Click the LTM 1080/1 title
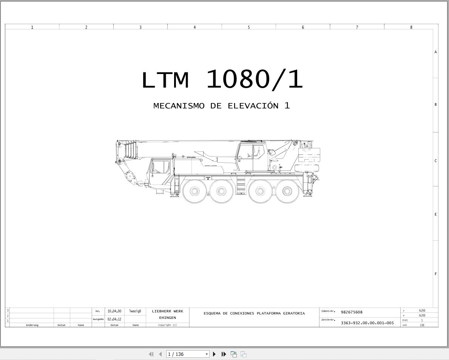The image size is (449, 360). tap(222, 80)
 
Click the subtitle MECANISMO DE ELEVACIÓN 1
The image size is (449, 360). tap(222, 106)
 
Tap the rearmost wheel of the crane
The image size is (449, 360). tap(287, 191)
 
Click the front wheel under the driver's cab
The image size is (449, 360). tap(194, 191)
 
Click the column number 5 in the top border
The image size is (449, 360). tap(248, 27)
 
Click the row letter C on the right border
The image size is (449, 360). tap(435, 160)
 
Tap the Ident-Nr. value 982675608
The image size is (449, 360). tap(352, 312)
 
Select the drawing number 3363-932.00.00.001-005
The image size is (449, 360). tap(367, 323)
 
